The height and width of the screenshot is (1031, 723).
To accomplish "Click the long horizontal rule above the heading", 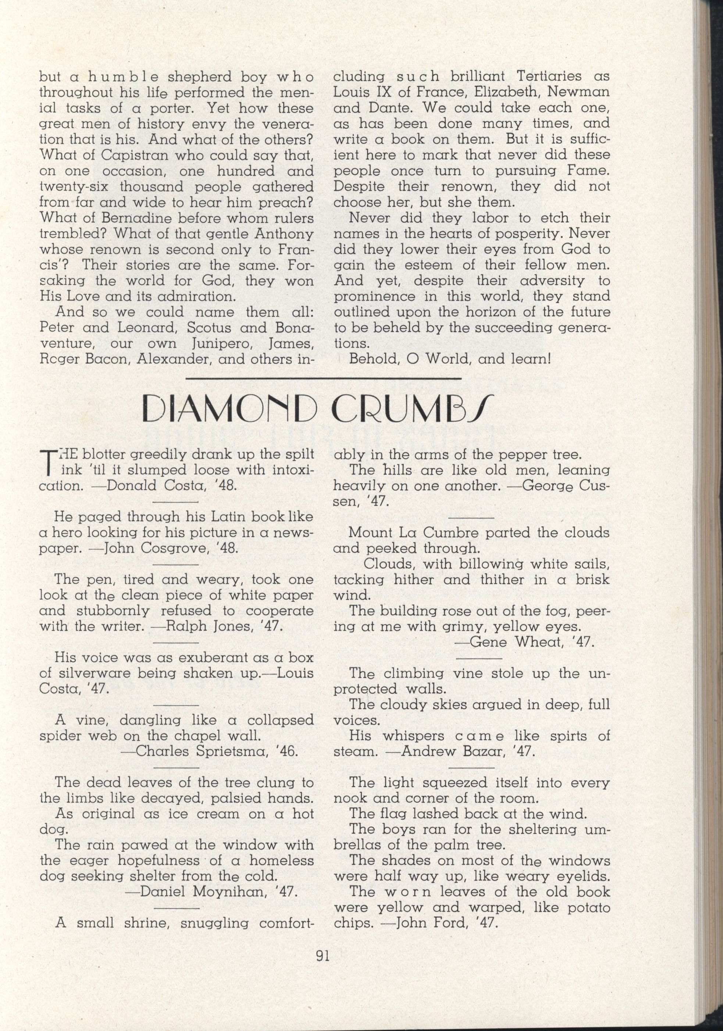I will (323, 379).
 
